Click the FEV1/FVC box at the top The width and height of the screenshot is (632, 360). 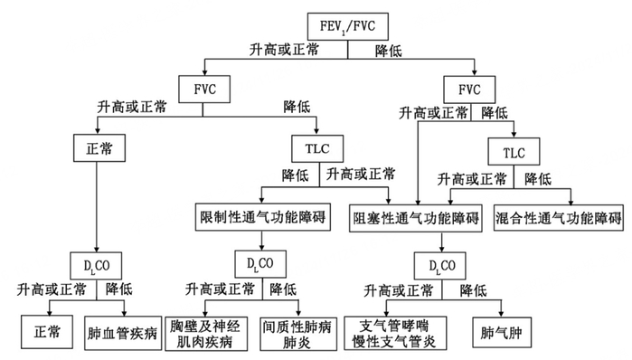(348, 24)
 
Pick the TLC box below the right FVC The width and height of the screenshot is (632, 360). (513, 147)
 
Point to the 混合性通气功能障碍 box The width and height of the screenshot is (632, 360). (561, 217)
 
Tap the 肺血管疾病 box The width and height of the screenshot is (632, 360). (124, 331)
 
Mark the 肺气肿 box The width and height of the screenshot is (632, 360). (499, 331)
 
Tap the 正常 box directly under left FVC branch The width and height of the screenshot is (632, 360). (96, 147)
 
